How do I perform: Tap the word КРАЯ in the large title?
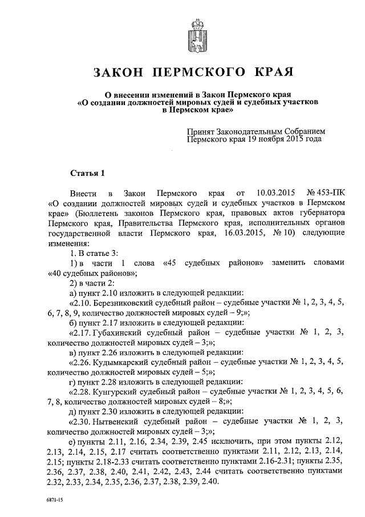pyautogui.click(x=271, y=73)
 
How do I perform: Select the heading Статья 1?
pyautogui.click(x=86, y=171)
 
